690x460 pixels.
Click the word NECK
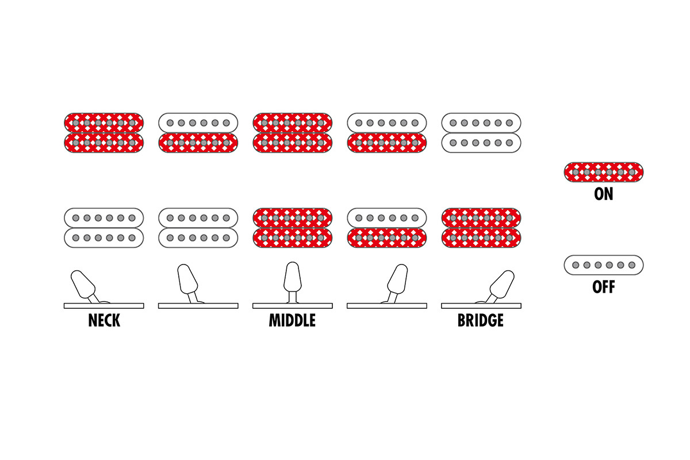click(x=104, y=320)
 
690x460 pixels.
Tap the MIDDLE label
click(x=292, y=320)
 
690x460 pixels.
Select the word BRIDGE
click(x=481, y=320)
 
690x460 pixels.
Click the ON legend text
click(x=604, y=194)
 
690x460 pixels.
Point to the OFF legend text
click(x=604, y=287)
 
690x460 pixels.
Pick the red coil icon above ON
click(x=604, y=172)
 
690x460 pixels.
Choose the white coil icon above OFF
click(x=604, y=265)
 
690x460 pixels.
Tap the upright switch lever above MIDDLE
click(x=292, y=279)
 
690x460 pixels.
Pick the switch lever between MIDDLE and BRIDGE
click(x=397, y=281)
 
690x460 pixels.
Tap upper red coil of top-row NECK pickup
click(x=104, y=122)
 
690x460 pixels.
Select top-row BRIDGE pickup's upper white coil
click(x=481, y=122)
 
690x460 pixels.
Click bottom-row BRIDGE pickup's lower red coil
click(x=481, y=237)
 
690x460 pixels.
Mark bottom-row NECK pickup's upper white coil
click(x=104, y=217)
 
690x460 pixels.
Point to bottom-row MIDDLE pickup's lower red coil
click(x=292, y=237)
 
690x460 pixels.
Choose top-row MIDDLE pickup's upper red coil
click(x=292, y=122)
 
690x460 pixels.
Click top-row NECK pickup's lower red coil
click(x=104, y=143)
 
